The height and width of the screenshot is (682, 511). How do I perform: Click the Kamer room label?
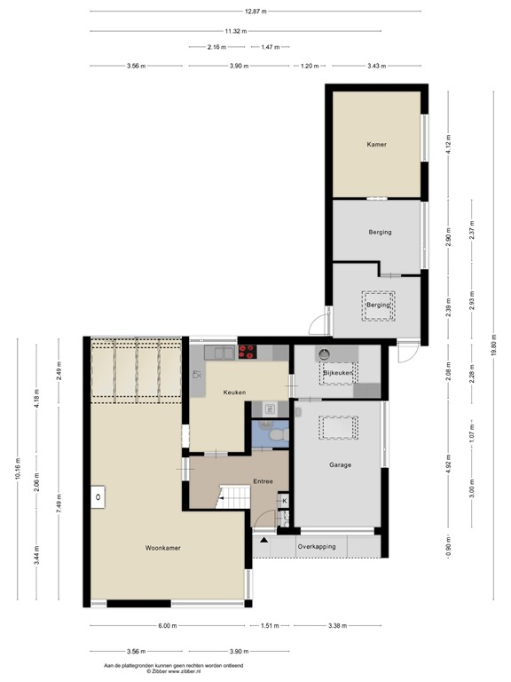pos(376,144)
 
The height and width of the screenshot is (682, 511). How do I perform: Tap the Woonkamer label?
pos(163,548)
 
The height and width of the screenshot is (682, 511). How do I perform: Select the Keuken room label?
pos(234,392)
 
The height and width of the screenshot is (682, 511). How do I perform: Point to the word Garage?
pos(340,464)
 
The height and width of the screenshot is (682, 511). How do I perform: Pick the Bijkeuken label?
pos(339,374)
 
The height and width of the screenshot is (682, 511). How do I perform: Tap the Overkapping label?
pos(318,546)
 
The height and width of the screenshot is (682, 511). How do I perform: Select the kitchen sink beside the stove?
pos(221,353)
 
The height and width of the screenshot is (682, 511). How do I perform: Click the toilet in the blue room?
pos(276,437)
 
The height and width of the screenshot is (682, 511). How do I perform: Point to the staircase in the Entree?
pos(232,497)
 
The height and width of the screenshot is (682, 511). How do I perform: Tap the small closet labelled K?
pos(284,501)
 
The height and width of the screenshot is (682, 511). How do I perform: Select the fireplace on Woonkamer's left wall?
pos(96,499)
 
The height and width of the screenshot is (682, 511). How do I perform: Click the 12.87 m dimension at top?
pos(255,12)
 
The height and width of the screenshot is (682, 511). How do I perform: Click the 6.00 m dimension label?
pos(167,625)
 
